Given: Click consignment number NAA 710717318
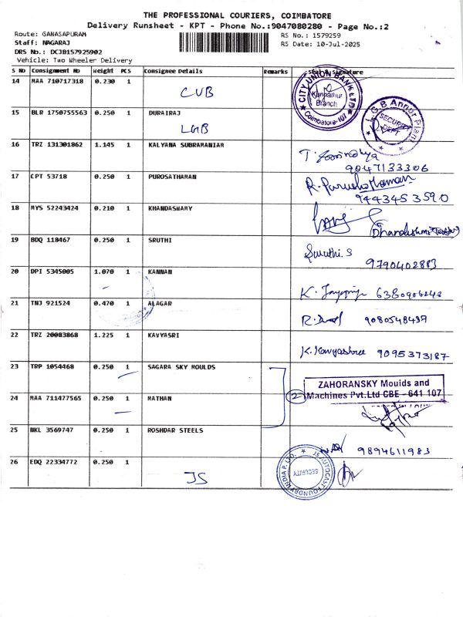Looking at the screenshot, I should [x=57, y=81].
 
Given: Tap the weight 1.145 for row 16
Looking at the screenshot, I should [x=103, y=144].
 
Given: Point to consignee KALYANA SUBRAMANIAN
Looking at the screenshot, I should [x=185, y=144].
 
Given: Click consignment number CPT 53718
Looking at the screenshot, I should [x=50, y=177].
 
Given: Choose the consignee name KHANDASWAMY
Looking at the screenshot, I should [x=170, y=208].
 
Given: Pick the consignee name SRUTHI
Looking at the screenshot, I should [x=159, y=240].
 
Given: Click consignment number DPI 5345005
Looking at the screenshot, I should [x=52, y=271].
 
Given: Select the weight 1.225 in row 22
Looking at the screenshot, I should [x=103, y=335].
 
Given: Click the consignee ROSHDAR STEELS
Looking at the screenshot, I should [x=175, y=430].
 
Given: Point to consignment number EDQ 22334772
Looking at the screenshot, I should [x=57, y=461].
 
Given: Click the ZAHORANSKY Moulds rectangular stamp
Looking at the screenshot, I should [x=370, y=388].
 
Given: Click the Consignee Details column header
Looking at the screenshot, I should [x=173, y=71].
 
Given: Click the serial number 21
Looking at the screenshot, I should [x=16, y=303].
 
